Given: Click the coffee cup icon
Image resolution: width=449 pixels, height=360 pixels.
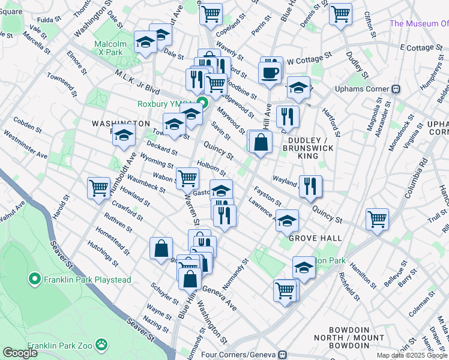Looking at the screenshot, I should pos(270,72).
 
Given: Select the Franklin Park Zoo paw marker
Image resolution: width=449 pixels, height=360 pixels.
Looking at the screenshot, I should pos(102,345).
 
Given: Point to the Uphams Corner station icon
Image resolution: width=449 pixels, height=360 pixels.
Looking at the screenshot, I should pos(396,89).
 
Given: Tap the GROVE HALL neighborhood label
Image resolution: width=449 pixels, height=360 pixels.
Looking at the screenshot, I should pos(310,238).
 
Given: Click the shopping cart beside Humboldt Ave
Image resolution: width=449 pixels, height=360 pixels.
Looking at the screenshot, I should pos(98,187).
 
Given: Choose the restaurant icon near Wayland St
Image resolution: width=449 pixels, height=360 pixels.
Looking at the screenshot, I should pos(310,186).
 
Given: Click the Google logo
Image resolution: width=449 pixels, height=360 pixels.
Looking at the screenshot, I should pos(20,353).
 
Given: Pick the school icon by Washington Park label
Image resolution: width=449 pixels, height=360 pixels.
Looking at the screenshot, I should pos(123,136).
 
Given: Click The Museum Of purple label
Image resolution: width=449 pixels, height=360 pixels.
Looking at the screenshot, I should pos(418,23).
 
